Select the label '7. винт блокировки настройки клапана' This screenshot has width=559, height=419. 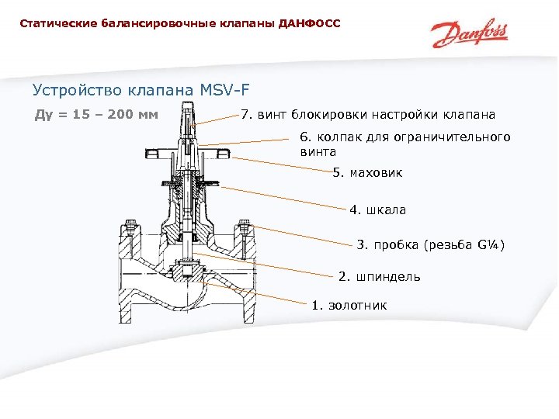pyautogui.click(x=368, y=116)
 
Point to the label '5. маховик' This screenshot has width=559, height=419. pyautogui.click(x=367, y=172)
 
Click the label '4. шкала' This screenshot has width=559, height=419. pyautogui.click(x=377, y=209)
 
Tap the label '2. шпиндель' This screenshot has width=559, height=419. pyautogui.click(x=380, y=276)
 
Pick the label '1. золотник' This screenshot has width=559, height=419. pyautogui.click(x=349, y=305)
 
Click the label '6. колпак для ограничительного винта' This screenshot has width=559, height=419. pyautogui.click(x=405, y=144)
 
